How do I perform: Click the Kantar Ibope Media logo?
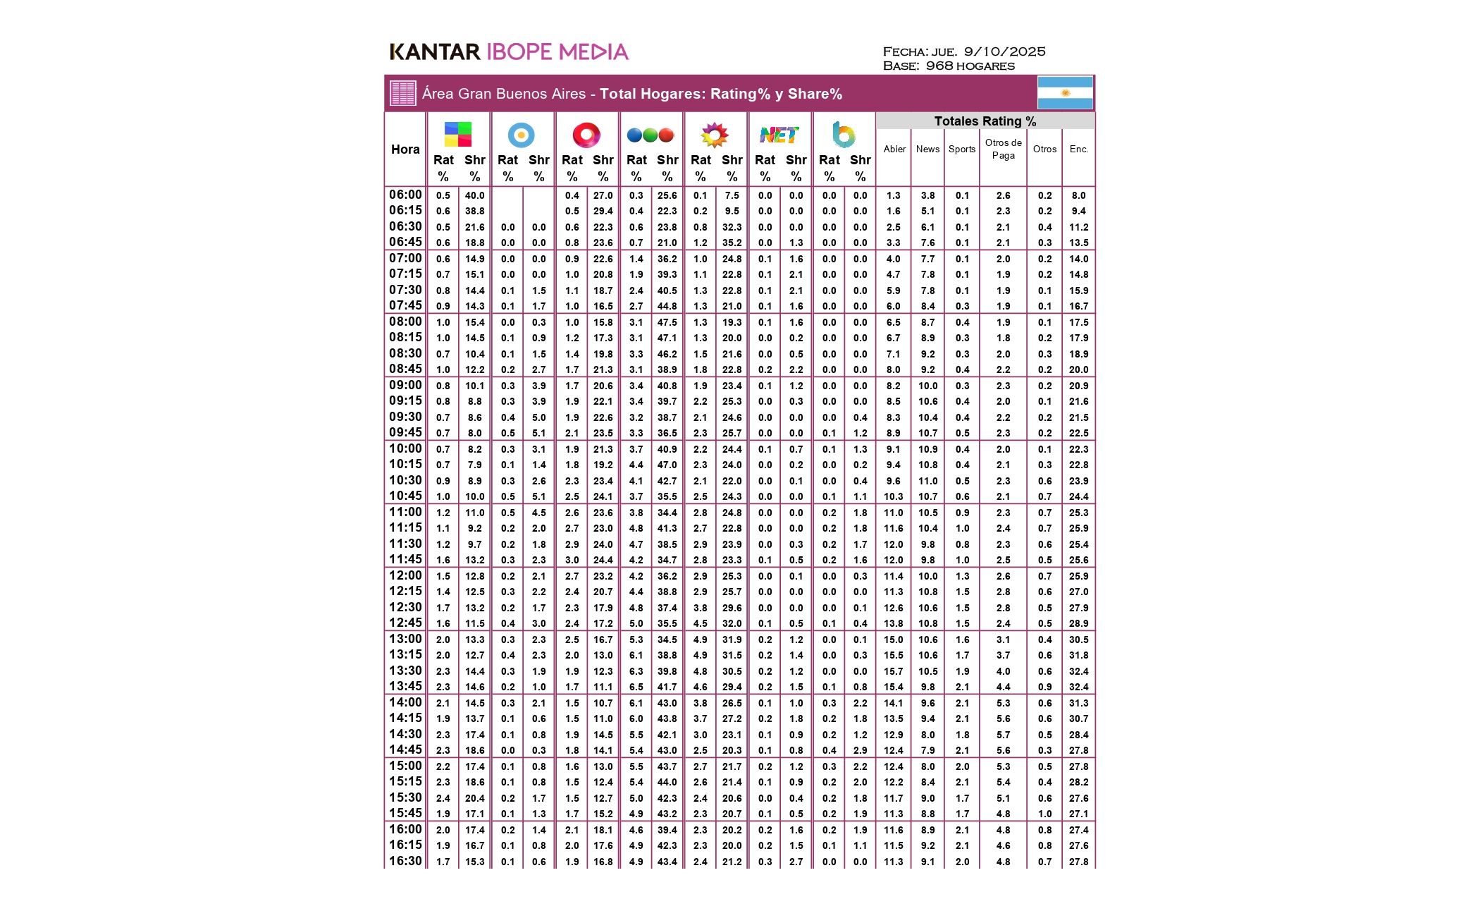coord(509,51)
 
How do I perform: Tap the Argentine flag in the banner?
coord(1065,93)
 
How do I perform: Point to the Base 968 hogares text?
coord(949,66)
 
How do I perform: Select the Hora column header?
coord(405,149)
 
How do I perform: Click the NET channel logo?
coord(779,135)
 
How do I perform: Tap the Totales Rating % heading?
coord(985,121)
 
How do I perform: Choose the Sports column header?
coord(962,149)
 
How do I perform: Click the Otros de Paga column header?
coord(1003,149)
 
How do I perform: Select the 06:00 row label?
coord(405,195)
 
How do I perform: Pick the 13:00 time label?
coord(405,639)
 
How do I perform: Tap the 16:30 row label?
coord(405,861)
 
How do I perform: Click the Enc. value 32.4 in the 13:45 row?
coord(1078,687)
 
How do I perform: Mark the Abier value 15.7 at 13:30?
coord(893,671)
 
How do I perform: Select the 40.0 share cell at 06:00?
coord(474,195)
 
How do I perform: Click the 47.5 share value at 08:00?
coord(667,322)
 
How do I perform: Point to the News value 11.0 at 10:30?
coord(927,481)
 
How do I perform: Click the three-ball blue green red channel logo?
coord(650,135)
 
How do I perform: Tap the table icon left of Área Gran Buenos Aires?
coord(403,93)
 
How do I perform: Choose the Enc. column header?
coord(1078,149)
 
